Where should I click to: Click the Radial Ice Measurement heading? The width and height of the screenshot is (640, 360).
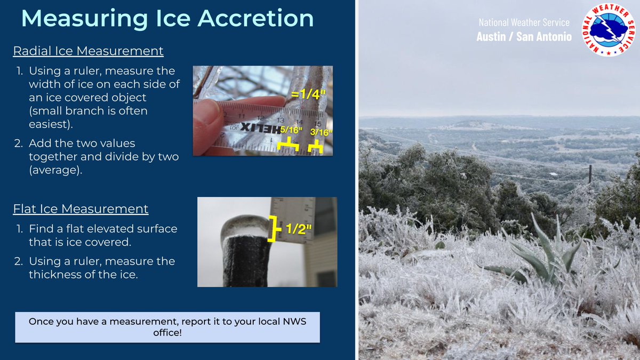(x=88, y=51)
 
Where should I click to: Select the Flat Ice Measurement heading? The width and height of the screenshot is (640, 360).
(x=81, y=208)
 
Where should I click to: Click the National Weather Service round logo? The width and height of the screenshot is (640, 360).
(x=609, y=30)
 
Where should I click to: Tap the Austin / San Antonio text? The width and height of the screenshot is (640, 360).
(x=524, y=37)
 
